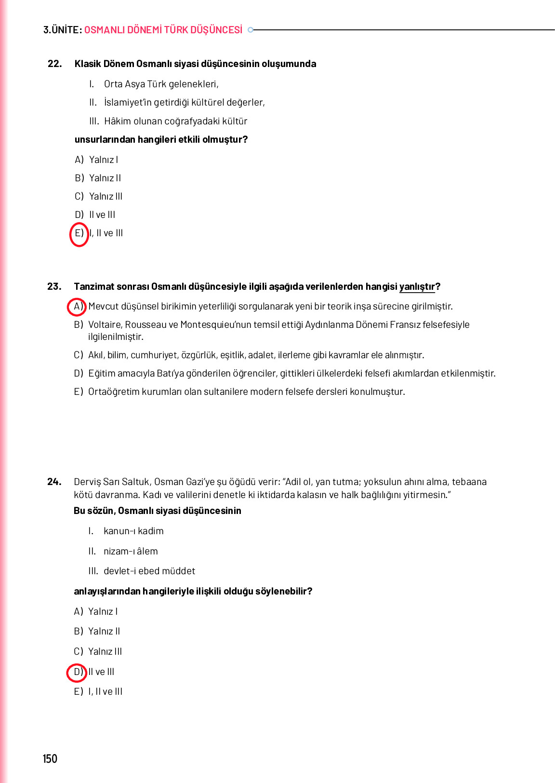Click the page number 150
pyautogui.click(x=50, y=759)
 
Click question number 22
pyautogui.click(x=54, y=64)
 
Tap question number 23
pyautogui.click(x=54, y=286)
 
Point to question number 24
pyautogui.click(x=54, y=482)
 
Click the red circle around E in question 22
pyautogui.click(x=79, y=234)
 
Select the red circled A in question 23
pyautogui.click(x=77, y=307)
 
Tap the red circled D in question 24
pyautogui.click(x=77, y=672)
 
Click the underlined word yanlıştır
pyautogui.click(x=417, y=287)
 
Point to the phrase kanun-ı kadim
pyautogui.click(x=133, y=531)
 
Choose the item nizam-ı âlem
pyautogui.click(x=131, y=551)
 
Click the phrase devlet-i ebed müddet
pyautogui.click(x=149, y=571)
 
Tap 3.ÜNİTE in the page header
pyautogui.click(x=62, y=30)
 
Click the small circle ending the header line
pyautogui.click(x=251, y=30)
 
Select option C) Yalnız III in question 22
pyautogui.click(x=99, y=196)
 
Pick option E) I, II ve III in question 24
pyautogui.click(x=98, y=692)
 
